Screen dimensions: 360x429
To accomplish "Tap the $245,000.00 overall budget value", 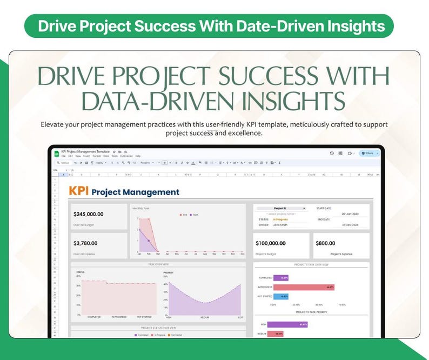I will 88,214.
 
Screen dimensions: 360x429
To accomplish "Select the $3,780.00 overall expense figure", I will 85,243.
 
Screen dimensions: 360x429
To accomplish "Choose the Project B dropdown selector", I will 281,208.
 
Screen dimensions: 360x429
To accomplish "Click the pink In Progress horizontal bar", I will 304,287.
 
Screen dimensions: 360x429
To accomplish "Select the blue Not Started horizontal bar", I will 281,296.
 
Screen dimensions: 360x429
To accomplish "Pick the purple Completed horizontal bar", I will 281,278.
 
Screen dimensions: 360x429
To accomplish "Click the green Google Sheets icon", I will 56,154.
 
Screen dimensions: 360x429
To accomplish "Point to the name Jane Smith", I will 280,225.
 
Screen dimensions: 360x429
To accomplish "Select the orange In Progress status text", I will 281,219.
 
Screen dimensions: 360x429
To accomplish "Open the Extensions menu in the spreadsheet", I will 125,156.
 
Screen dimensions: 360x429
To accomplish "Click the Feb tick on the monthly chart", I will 149,254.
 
